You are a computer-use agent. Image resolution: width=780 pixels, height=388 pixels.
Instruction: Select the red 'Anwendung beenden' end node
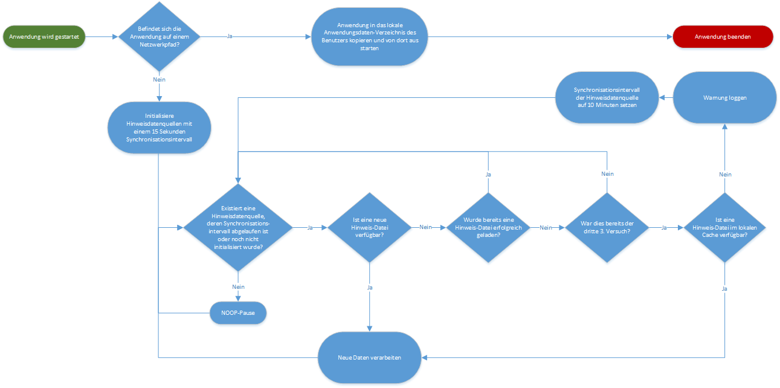point(723,37)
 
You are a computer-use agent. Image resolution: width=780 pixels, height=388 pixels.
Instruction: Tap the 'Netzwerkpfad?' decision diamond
point(159,37)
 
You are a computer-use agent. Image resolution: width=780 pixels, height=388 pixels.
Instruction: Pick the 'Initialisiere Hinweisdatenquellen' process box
point(159,128)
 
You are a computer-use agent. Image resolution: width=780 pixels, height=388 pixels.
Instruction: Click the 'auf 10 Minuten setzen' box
point(606,97)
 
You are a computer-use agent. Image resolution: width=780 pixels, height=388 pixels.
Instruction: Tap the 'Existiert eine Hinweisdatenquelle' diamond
point(237,228)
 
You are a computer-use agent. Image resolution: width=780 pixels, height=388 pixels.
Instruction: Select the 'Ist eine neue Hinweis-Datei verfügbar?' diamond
point(370,228)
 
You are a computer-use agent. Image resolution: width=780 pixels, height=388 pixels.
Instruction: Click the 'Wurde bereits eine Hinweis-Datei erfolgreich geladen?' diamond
point(488,228)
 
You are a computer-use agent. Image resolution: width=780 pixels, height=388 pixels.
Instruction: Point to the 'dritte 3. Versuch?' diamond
point(607,228)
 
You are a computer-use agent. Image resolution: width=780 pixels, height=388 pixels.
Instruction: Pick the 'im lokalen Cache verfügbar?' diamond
point(724,228)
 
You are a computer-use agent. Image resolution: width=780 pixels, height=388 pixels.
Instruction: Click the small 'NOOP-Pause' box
point(237,313)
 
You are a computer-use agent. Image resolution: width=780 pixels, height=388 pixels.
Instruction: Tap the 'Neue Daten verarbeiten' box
point(369,358)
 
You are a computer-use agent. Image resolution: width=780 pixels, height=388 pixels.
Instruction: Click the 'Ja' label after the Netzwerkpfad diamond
point(230,37)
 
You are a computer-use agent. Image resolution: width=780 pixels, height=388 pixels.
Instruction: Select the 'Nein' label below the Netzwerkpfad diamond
point(159,79)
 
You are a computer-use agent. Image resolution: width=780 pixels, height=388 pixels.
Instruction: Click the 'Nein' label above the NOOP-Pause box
point(237,286)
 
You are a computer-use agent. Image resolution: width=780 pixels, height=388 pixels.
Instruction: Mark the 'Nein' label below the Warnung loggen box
point(725,174)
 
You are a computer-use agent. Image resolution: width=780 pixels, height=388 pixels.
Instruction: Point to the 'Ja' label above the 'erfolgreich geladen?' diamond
point(488,174)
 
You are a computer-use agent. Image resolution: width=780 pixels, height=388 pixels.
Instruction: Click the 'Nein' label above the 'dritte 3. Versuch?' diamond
point(607,174)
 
